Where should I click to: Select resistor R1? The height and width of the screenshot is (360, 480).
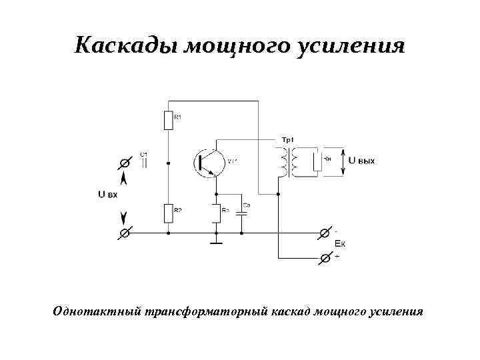pos(168,120)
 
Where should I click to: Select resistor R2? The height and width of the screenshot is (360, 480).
pos(168,213)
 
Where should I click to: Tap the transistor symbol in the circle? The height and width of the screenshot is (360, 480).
pos(208,162)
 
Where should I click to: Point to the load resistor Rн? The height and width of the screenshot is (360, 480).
pos(318,162)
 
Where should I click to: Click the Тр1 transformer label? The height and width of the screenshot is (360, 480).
pos(287,139)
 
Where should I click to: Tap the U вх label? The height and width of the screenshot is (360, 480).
pos(108,195)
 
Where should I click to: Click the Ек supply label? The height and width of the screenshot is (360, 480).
pos(339,244)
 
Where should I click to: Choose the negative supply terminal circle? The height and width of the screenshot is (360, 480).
pos(325,233)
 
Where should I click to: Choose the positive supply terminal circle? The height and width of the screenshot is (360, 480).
pos(325,257)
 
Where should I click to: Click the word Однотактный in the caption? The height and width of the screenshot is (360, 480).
pos(96,311)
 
